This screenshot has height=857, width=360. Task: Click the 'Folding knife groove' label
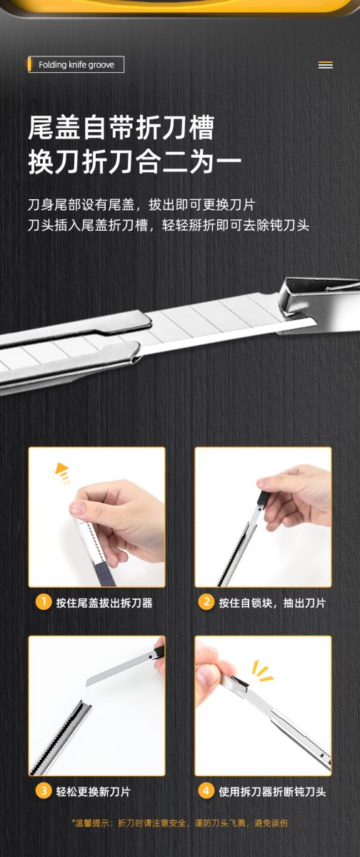tap(76, 65)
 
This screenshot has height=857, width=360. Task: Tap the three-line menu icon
tap(325, 66)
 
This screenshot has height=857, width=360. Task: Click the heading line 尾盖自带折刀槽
tap(121, 128)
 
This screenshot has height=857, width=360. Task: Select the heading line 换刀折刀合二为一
tap(135, 162)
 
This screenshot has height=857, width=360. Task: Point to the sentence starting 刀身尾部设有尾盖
tap(141, 205)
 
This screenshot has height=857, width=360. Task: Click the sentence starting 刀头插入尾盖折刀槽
tap(169, 226)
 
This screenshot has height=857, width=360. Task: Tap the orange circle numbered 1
tap(44, 602)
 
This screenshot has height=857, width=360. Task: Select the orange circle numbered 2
tap(206, 602)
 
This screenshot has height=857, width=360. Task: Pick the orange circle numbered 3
tap(44, 791)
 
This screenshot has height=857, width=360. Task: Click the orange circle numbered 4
tap(206, 791)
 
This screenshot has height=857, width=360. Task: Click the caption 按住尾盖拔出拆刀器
tap(104, 603)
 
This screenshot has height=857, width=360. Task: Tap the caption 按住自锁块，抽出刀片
tap(272, 603)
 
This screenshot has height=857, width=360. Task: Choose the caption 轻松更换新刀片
tap(93, 791)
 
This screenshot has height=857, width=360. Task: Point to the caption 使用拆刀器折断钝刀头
tap(272, 791)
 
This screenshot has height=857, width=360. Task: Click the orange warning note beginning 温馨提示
tap(180, 823)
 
